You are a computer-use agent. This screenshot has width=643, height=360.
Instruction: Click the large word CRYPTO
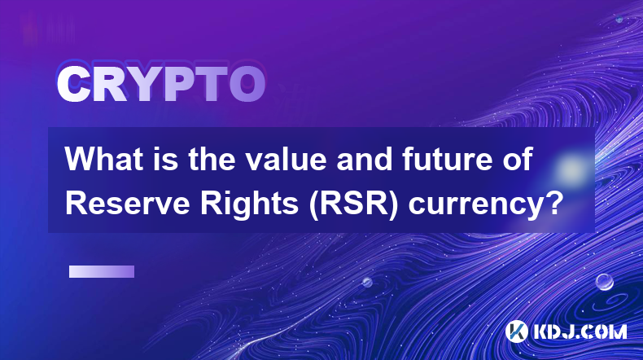click(x=161, y=84)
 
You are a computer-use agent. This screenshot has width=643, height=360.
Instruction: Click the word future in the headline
click(x=444, y=159)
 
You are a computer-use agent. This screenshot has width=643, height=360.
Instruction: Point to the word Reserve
click(x=127, y=203)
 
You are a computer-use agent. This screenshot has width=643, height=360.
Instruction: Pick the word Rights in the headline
click(x=249, y=204)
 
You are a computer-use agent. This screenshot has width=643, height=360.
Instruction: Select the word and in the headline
click(x=364, y=159)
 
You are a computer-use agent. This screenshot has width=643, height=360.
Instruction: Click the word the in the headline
click(x=212, y=159)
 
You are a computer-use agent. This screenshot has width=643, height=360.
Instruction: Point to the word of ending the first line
click(x=514, y=159)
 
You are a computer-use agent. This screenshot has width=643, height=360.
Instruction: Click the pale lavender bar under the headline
click(x=102, y=272)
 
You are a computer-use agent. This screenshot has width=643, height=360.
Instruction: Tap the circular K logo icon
click(x=517, y=331)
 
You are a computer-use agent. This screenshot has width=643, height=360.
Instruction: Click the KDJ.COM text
click(x=580, y=331)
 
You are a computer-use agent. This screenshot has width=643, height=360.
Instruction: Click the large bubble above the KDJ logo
click(x=605, y=282)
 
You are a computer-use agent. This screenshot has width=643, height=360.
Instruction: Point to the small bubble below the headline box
click(x=367, y=282)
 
